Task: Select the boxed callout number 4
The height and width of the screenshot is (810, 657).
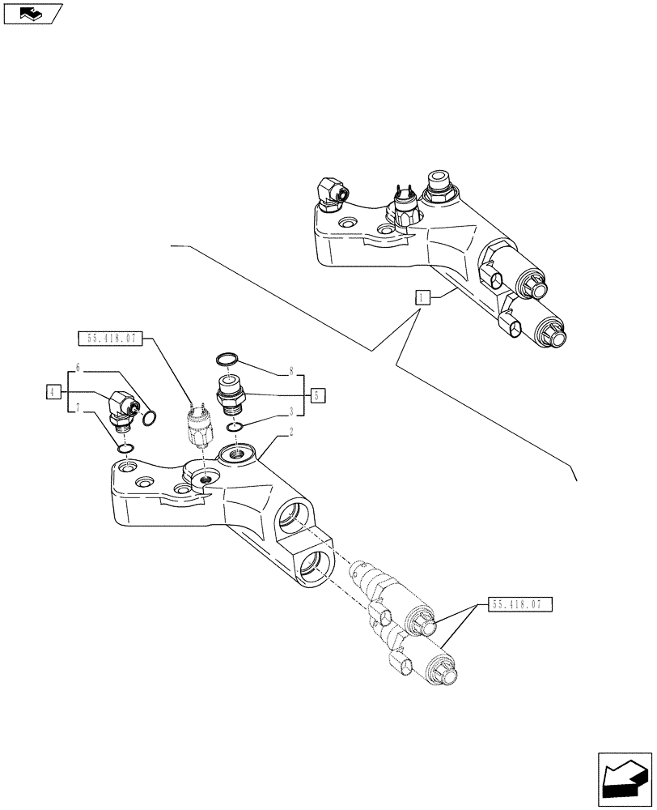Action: (x=53, y=392)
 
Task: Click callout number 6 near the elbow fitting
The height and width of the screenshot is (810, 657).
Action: (x=78, y=368)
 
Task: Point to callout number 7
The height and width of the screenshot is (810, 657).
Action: (x=78, y=407)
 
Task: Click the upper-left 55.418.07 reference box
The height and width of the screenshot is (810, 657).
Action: (x=108, y=338)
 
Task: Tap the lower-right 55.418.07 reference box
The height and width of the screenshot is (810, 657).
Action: (x=520, y=603)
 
